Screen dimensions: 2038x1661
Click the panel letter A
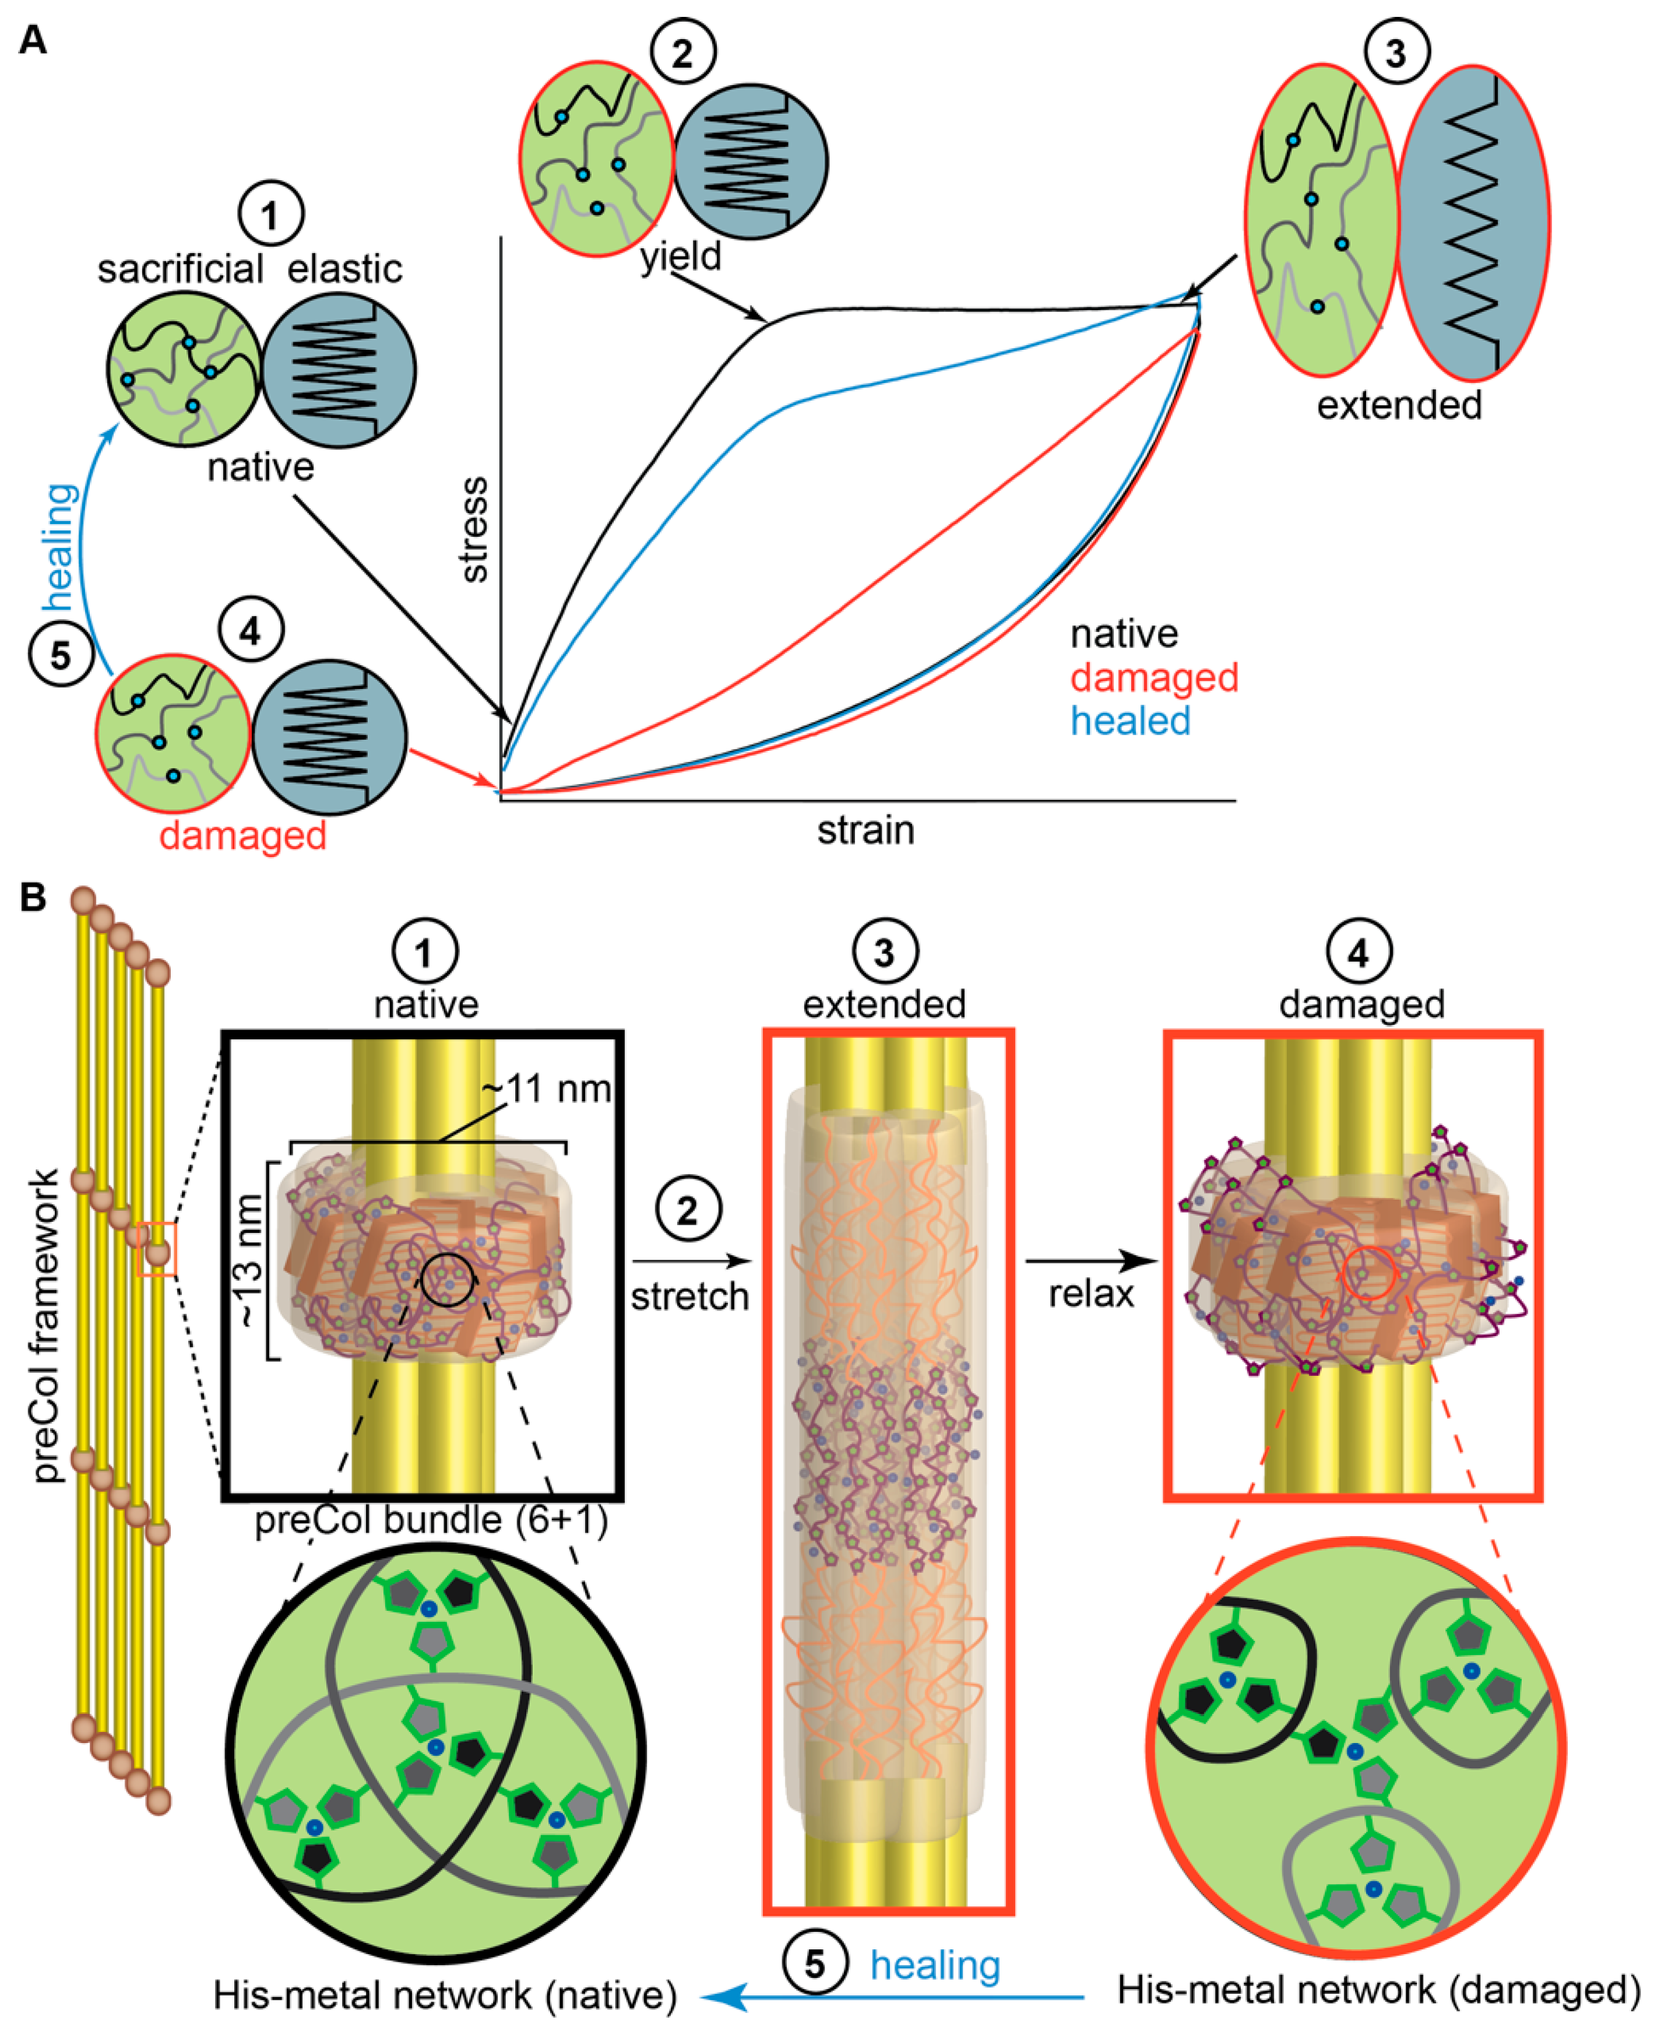point(33,41)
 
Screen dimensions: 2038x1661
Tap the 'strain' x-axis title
point(865,830)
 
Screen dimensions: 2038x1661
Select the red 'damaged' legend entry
point(1154,677)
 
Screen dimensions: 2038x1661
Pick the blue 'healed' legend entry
point(1130,721)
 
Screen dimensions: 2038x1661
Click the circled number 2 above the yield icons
point(682,52)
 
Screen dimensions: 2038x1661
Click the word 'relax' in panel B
point(1091,1294)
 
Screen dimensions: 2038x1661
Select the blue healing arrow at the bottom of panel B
point(899,1997)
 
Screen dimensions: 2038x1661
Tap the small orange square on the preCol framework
point(156,1249)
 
